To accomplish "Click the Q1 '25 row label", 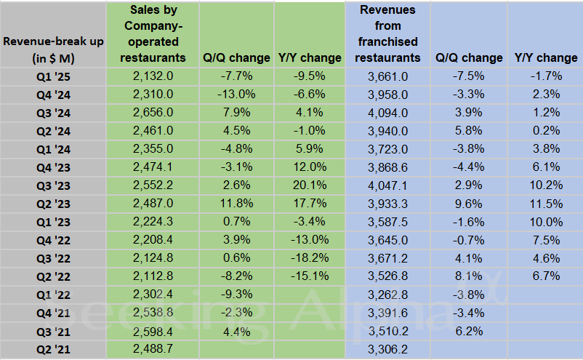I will point(53,76).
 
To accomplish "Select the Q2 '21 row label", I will point(53,350).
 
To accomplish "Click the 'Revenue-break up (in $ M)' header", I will point(53,49).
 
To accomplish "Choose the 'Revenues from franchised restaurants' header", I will point(387,33).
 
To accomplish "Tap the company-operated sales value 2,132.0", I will point(153,76).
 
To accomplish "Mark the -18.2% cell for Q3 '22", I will point(310,258).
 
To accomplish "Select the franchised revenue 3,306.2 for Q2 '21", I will point(387,350).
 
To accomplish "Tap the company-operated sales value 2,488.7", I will point(153,350).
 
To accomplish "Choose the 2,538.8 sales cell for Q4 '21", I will point(153,313).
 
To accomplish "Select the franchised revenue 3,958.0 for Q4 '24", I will point(387,94).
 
